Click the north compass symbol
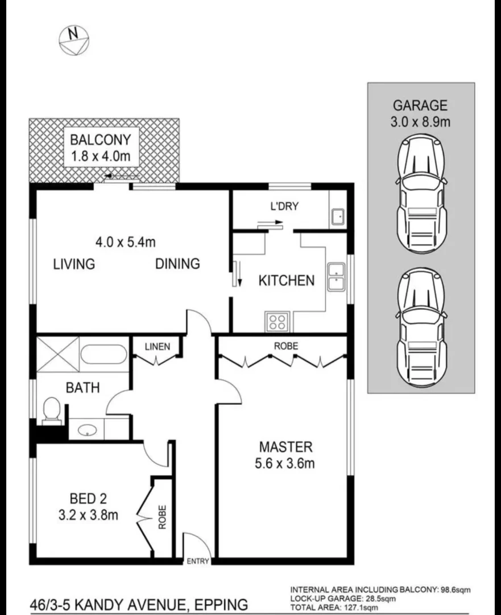[x=74, y=40]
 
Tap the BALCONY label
[x=101, y=139]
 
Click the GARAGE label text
[x=420, y=105]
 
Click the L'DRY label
[x=284, y=207]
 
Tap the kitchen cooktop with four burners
[x=278, y=322]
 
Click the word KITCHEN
[x=286, y=281]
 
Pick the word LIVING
[x=74, y=264]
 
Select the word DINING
[x=177, y=264]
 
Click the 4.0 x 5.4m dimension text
[x=125, y=242]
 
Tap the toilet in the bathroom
[x=52, y=410]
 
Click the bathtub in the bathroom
[x=103, y=355]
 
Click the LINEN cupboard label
[x=158, y=346]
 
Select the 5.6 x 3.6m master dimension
[x=285, y=464]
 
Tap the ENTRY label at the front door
[x=198, y=561]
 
